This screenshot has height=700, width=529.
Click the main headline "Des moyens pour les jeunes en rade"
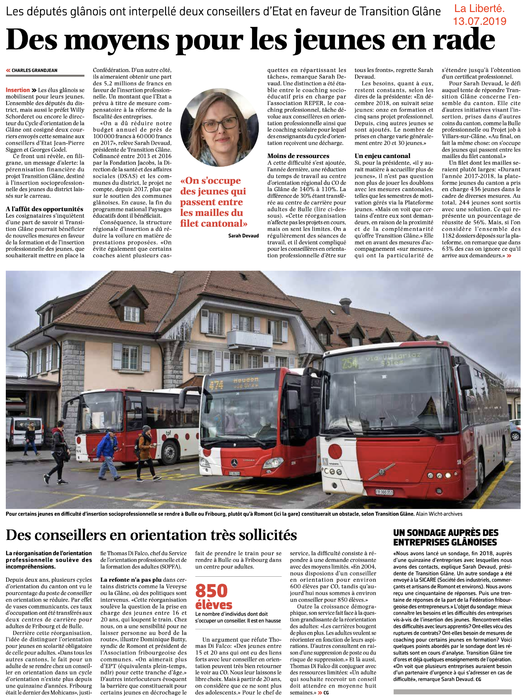coord(250,40)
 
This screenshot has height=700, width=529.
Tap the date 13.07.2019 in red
coord(479,21)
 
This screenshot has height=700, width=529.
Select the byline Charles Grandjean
coord(34,70)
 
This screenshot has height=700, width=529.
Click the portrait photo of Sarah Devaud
coord(214,127)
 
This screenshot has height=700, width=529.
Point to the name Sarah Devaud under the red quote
coord(243,236)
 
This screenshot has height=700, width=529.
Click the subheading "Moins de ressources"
coord(298,156)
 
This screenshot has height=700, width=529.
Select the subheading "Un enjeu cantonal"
coord(382,156)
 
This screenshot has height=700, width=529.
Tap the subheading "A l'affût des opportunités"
coord(44,209)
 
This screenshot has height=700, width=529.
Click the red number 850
coord(212,590)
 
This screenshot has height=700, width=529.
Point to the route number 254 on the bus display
coord(350,363)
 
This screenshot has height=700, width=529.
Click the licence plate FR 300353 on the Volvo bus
coord(384,492)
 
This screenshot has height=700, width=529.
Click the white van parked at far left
coord(24,432)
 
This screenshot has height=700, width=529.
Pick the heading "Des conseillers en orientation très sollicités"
coord(151,535)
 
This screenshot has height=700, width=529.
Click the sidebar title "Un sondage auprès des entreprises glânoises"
coord(446,537)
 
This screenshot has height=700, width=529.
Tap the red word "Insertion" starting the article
coord(18,90)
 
